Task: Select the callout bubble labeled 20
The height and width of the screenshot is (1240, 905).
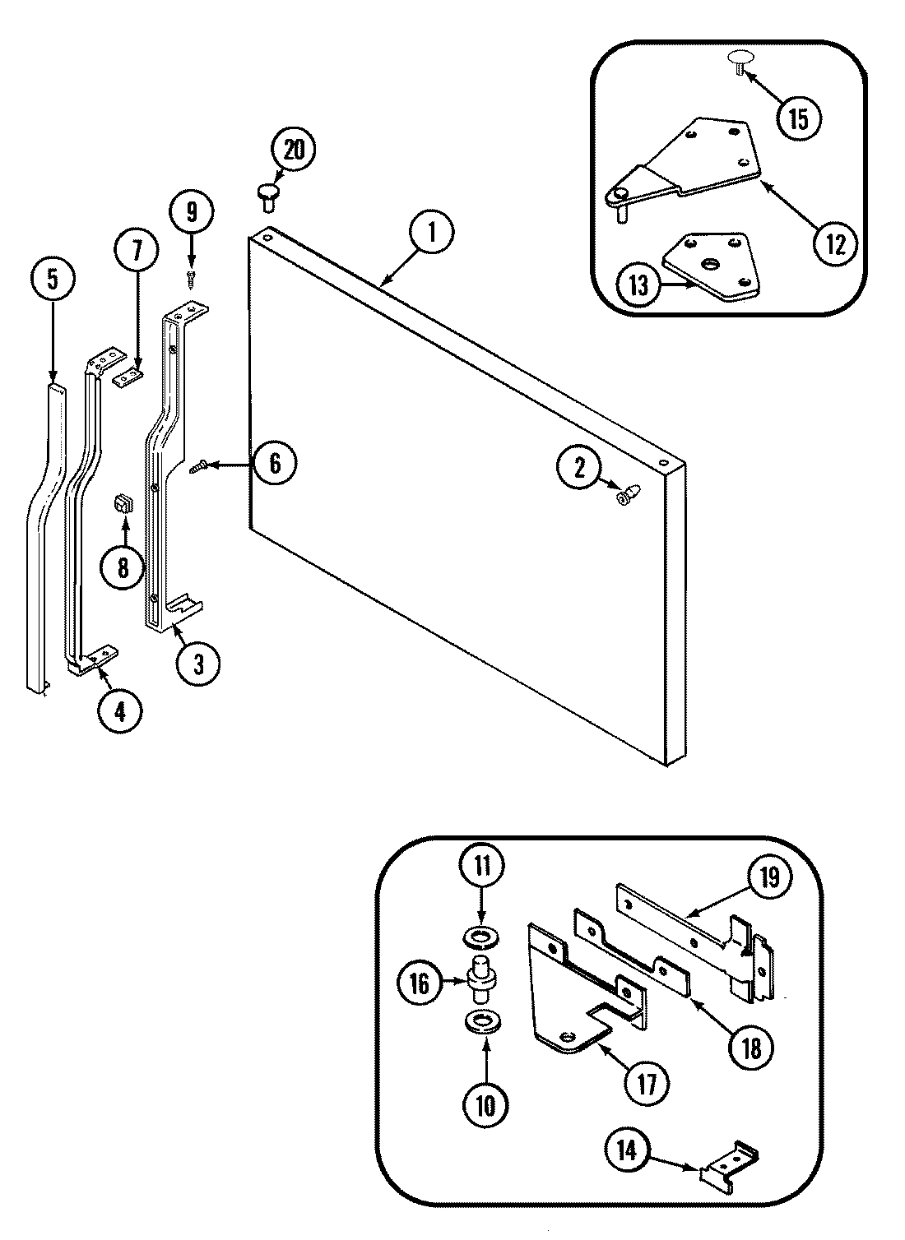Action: pyautogui.click(x=294, y=152)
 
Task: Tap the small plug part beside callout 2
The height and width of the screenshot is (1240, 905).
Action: pyautogui.click(x=629, y=495)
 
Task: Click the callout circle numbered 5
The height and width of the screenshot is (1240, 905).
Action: pyautogui.click(x=52, y=280)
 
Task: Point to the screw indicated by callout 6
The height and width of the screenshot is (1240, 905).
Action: pyautogui.click(x=198, y=467)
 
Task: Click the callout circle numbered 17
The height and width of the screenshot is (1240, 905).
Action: pyautogui.click(x=647, y=1085)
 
